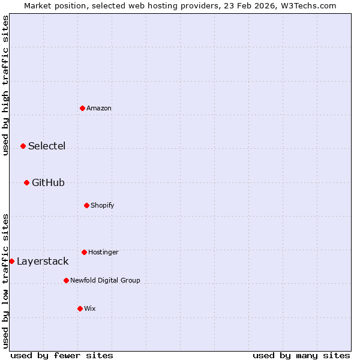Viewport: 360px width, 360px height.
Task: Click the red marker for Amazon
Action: tap(82, 108)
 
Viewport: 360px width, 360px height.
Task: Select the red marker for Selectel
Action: tap(23, 146)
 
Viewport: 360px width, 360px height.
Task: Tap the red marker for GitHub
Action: tap(26, 182)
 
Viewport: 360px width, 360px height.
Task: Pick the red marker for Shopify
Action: tap(86, 205)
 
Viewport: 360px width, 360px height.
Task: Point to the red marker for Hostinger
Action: tap(84, 252)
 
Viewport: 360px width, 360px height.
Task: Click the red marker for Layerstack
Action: tap(11, 261)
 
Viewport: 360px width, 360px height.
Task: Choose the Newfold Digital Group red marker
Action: tap(66, 280)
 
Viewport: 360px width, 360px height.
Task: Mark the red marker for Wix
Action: tap(80, 308)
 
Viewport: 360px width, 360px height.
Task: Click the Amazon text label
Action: tap(99, 109)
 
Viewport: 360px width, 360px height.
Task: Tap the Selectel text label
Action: tap(47, 146)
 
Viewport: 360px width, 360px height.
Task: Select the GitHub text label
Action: tap(48, 183)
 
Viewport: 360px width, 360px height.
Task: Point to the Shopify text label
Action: tap(103, 206)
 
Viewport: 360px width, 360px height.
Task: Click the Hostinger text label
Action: tap(103, 253)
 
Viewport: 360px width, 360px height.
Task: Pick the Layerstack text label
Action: tap(43, 262)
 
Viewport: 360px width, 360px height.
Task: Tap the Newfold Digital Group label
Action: tap(105, 281)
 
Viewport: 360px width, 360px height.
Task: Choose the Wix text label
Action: tap(90, 309)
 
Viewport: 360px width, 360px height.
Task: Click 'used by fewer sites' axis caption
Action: tap(62, 355)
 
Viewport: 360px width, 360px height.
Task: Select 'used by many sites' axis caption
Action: tap(301, 355)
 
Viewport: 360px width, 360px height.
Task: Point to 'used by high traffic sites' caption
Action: tap(5, 85)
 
